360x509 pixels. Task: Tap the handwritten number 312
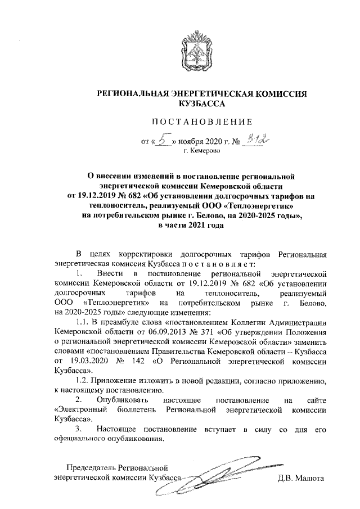point(254,140)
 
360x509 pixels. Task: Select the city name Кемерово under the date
point(201,151)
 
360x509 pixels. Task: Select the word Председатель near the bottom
point(92,467)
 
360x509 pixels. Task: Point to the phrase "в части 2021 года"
point(192,226)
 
